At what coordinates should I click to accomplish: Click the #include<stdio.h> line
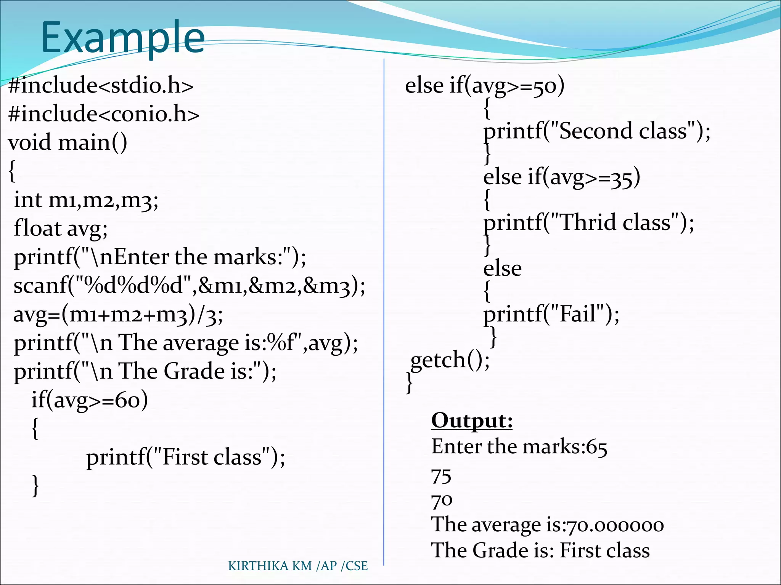pyautogui.click(x=101, y=85)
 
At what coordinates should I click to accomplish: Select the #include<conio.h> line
pyautogui.click(x=104, y=114)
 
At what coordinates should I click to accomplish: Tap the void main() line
pyautogui.click(x=67, y=143)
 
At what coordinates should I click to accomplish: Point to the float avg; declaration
pyautogui.click(x=61, y=229)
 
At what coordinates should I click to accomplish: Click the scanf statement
pyautogui.click(x=189, y=286)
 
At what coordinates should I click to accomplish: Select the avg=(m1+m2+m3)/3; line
pyautogui.click(x=118, y=315)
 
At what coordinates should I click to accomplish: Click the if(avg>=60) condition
pyautogui.click(x=90, y=400)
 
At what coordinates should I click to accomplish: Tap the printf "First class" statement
pyautogui.click(x=185, y=457)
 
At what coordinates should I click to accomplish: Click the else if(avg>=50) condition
pyautogui.click(x=484, y=86)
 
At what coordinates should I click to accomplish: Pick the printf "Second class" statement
pyautogui.click(x=597, y=131)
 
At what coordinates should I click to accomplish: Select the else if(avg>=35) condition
pyautogui.click(x=561, y=177)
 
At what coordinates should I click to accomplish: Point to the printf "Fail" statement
pyautogui.click(x=551, y=314)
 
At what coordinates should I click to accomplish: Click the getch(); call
pyautogui.click(x=450, y=360)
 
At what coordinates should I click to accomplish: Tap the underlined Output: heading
pyautogui.click(x=472, y=420)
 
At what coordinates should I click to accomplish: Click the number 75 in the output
pyautogui.click(x=441, y=476)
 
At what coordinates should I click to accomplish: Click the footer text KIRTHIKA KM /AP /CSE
pyautogui.click(x=298, y=566)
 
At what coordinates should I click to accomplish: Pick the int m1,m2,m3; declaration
pyautogui.click(x=86, y=200)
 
